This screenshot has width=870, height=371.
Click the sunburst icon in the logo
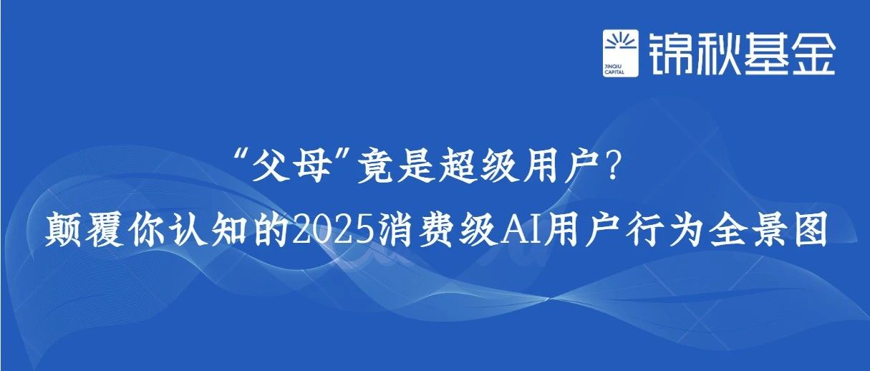coord(621,42)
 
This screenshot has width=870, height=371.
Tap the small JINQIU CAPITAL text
coord(614,69)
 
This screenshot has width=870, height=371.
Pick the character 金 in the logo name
coord(813,53)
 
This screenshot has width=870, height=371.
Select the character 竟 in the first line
coord(376,165)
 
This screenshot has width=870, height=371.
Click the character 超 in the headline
coord(458,165)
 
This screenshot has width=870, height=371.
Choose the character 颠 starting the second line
coord(62,230)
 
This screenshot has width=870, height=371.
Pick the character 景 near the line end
coord(771,230)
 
